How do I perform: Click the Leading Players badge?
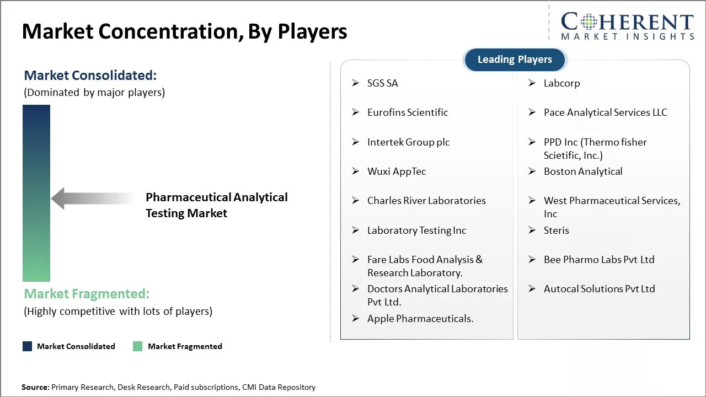pos(515,60)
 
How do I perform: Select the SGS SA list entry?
pos(382,83)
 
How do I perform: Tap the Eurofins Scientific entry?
pos(408,112)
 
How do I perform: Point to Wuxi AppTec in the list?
pos(397,171)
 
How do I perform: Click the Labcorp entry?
pos(561,83)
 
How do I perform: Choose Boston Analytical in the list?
pos(583,171)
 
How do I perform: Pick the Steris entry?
pos(557,230)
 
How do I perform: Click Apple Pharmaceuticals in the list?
pos(420,319)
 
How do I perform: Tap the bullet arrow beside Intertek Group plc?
pos(356,142)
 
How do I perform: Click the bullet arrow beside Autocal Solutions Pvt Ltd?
pos(532,288)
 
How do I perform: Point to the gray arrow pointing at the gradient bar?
pos(93,198)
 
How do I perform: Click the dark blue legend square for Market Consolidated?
pos(28,346)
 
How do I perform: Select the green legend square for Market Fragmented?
pos(137,346)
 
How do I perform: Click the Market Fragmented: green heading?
pos(87,294)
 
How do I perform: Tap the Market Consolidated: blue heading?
pos(90,76)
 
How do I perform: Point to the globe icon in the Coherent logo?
pos(589,22)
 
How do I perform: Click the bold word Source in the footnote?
pos(35,387)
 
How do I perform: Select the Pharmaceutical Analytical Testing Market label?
pos(217,205)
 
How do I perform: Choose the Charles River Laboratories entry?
pos(426,201)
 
